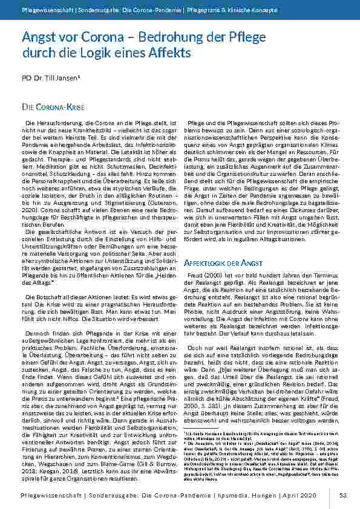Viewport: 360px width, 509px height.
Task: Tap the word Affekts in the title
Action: pos(172,53)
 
